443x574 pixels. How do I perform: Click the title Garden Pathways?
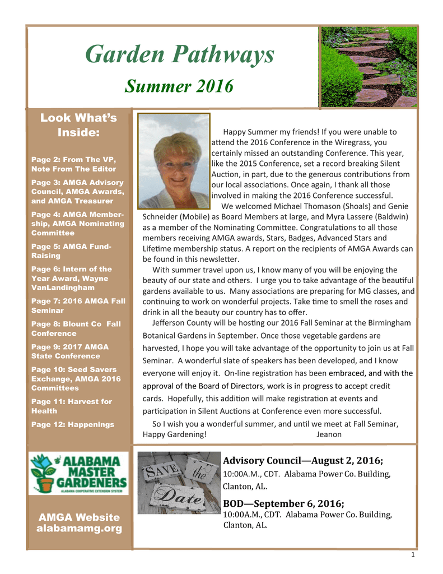(x=179, y=55)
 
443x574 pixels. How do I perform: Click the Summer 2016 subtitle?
(x=179, y=86)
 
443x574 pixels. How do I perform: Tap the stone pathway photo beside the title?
(x=367, y=67)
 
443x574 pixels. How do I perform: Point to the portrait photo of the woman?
(x=174, y=161)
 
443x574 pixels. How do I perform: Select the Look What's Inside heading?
(x=78, y=125)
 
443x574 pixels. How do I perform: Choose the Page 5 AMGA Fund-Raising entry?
(x=72, y=251)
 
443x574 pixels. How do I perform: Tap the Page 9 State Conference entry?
(x=70, y=351)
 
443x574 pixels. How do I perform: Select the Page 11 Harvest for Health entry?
(x=72, y=406)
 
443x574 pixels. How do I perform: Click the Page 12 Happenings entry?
(x=73, y=424)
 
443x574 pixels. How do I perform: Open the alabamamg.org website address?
(x=78, y=529)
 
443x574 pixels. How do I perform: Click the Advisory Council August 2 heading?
(x=303, y=461)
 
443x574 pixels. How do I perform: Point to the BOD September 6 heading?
(x=283, y=503)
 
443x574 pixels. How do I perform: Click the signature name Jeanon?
(x=329, y=434)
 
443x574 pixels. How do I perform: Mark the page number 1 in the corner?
(x=412, y=555)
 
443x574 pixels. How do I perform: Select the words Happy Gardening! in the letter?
(x=175, y=434)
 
